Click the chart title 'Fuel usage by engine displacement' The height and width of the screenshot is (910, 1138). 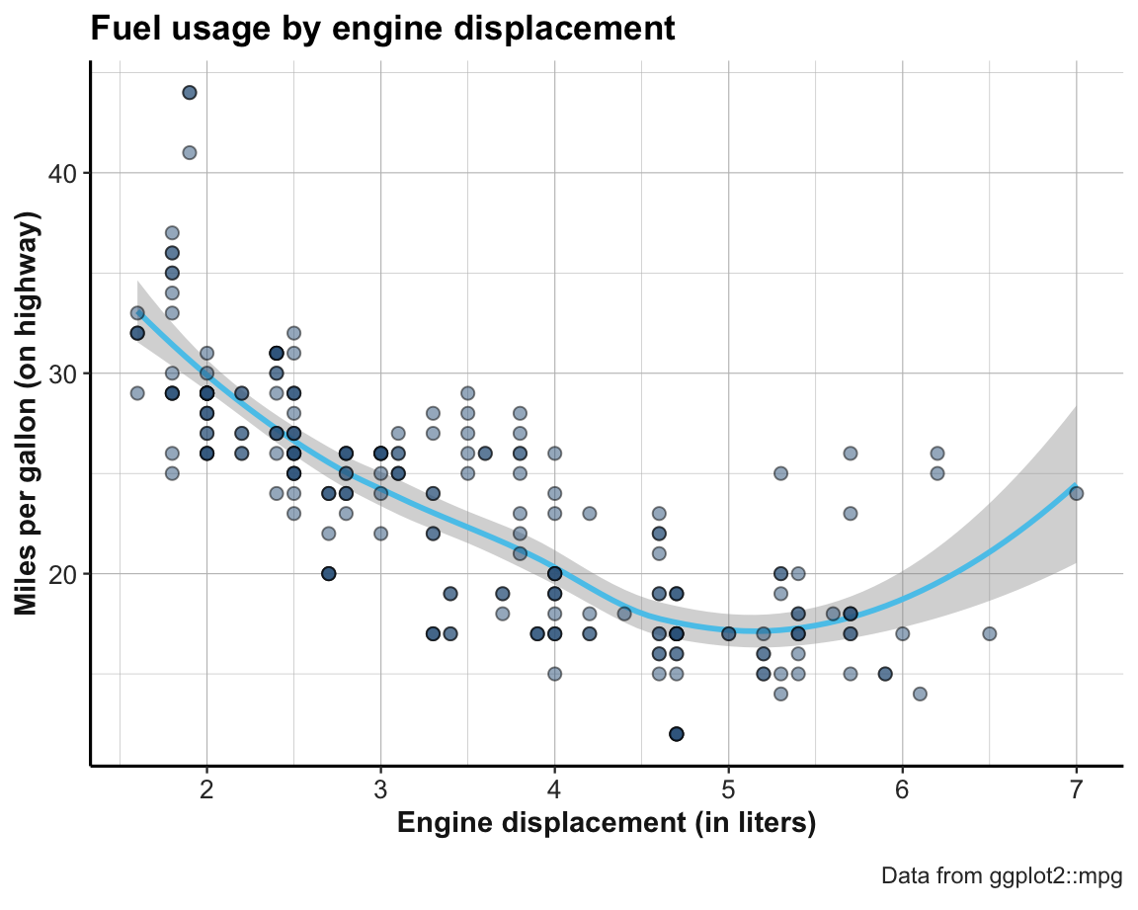coord(382,29)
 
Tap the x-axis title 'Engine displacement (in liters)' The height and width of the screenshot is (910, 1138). coord(606,823)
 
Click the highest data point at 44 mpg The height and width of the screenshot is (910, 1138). coord(190,93)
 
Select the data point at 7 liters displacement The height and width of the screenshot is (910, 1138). coord(1076,493)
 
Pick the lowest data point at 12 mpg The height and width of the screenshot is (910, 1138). coord(677,733)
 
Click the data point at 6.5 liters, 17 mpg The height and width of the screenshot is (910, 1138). coord(989,633)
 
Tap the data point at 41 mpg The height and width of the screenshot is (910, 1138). coord(190,152)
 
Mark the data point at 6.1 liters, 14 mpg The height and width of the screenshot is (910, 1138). coord(920,694)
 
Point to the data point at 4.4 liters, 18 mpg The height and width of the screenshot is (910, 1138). coord(624,614)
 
